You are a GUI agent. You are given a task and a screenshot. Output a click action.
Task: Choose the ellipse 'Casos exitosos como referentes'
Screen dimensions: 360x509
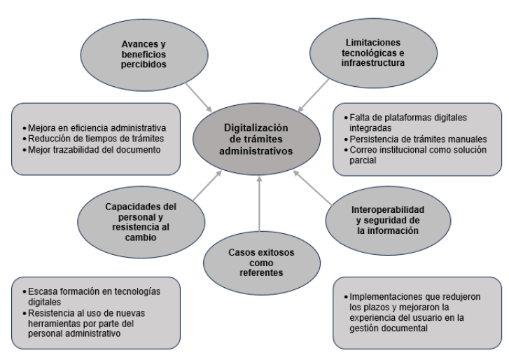[259, 261]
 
